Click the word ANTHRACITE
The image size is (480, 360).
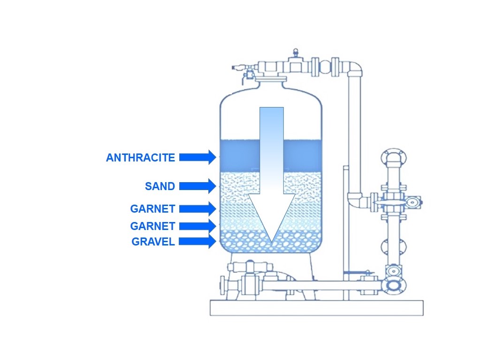pyautogui.click(x=140, y=158)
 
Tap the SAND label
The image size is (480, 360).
pyautogui.click(x=160, y=186)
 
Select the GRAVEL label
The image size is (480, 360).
pyautogui.click(x=153, y=242)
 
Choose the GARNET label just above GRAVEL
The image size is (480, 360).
pyautogui.click(x=152, y=226)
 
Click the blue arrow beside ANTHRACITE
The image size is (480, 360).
pyautogui.click(x=197, y=157)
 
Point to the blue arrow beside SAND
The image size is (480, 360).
pyautogui.click(x=197, y=186)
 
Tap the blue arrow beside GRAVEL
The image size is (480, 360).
pyautogui.click(x=197, y=242)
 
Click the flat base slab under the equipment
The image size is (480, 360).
pyautogui.click(x=316, y=308)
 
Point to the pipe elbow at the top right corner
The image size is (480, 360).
pyautogui.click(x=354, y=68)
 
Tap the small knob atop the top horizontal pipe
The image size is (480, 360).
pyautogui.click(x=296, y=52)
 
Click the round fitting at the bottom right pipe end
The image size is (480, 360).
pyautogui.click(x=393, y=284)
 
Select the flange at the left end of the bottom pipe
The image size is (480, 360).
pyautogui.click(x=224, y=285)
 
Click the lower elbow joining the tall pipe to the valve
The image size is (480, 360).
pyautogui.click(x=356, y=200)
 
